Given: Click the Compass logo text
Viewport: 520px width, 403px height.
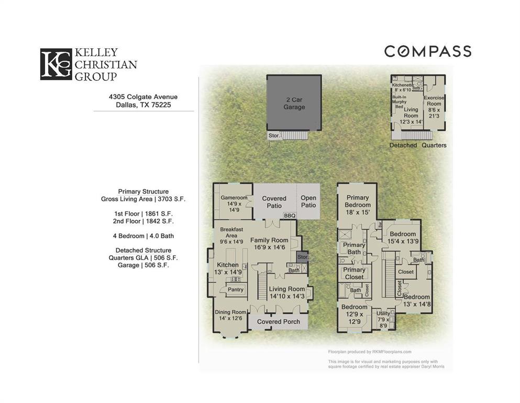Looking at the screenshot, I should (x=427, y=51).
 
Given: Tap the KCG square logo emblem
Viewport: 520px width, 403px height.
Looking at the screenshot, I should (x=55, y=65).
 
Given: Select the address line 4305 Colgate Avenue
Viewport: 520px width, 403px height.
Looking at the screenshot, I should (x=143, y=97).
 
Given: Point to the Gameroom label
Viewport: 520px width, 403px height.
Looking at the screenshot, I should (x=233, y=201).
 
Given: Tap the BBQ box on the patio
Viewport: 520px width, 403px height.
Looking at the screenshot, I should (x=290, y=215).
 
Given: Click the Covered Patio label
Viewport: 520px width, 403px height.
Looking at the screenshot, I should (x=274, y=201).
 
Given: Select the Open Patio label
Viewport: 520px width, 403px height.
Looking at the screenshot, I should (x=308, y=201).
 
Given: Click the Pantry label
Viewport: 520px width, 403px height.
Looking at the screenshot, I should (x=236, y=290).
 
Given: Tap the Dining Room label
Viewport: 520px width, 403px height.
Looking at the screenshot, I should (x=230, y=315).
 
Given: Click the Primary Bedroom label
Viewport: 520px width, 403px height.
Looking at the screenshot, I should (x=358, y=205).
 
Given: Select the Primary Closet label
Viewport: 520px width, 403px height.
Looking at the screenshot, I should (x=354, y=273).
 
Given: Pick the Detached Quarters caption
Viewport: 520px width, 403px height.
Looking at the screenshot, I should (x=418, y=145).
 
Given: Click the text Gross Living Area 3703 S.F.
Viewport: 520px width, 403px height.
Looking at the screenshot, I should (x=143, y=199).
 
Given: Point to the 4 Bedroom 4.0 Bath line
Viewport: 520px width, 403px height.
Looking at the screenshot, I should (x=143, y=236).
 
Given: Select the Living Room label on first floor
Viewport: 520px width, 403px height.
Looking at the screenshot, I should (x=286, y=292).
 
